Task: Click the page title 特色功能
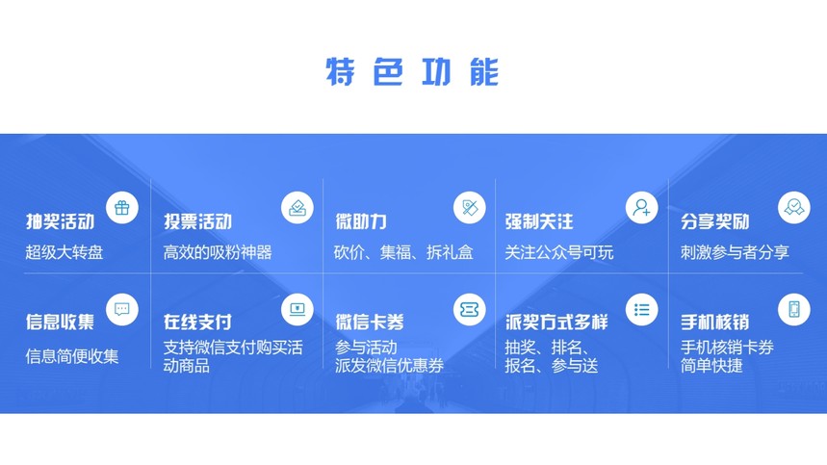tap(412, 71)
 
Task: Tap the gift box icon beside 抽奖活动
tap(122, 208)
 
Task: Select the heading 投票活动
tap(197, 221)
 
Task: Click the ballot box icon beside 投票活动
tap(297, 208)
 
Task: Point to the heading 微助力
tap(361, 221)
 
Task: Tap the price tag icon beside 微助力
tap(470, 208)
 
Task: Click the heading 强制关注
tap(539, 221)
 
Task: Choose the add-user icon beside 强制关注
tap(642, 208)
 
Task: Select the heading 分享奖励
tap(714, 221)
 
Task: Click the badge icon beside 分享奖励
tap(793, 208)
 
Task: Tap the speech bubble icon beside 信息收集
tap(122, 309)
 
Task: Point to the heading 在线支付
tap(197, 322)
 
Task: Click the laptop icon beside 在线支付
tap(297, 309)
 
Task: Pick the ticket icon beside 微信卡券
tap(470, 309)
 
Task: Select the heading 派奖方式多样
tap(556, 322)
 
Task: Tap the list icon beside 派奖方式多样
tap(642, 309)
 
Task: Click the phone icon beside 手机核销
tap(793, 309)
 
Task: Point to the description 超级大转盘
tap(65, 252)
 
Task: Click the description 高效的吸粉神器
tap(218, 252)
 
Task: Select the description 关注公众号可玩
tap(559, 252)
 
